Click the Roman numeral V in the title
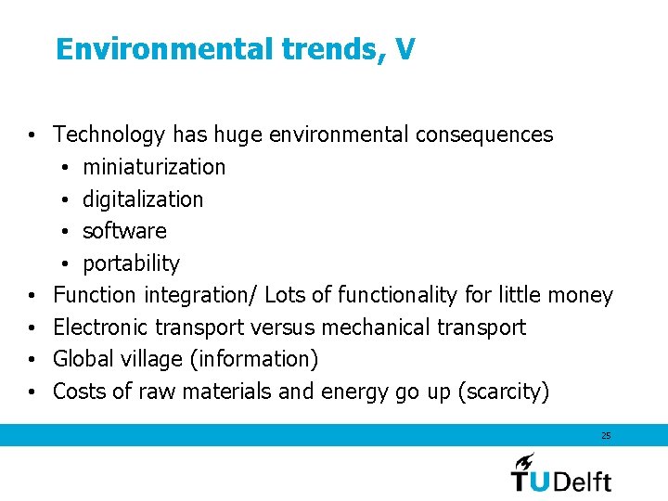tap(405, 49)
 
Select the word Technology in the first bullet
tap(109, 135)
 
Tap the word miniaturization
tap(154, 167)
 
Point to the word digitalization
tap(143, 199)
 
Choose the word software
tap(124, 231)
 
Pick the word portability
tap(131, 263)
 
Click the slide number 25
tap(606, 435)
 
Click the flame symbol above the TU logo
tap(525, 460)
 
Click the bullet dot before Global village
tap(32, 360)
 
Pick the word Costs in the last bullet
tap(80, 392)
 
